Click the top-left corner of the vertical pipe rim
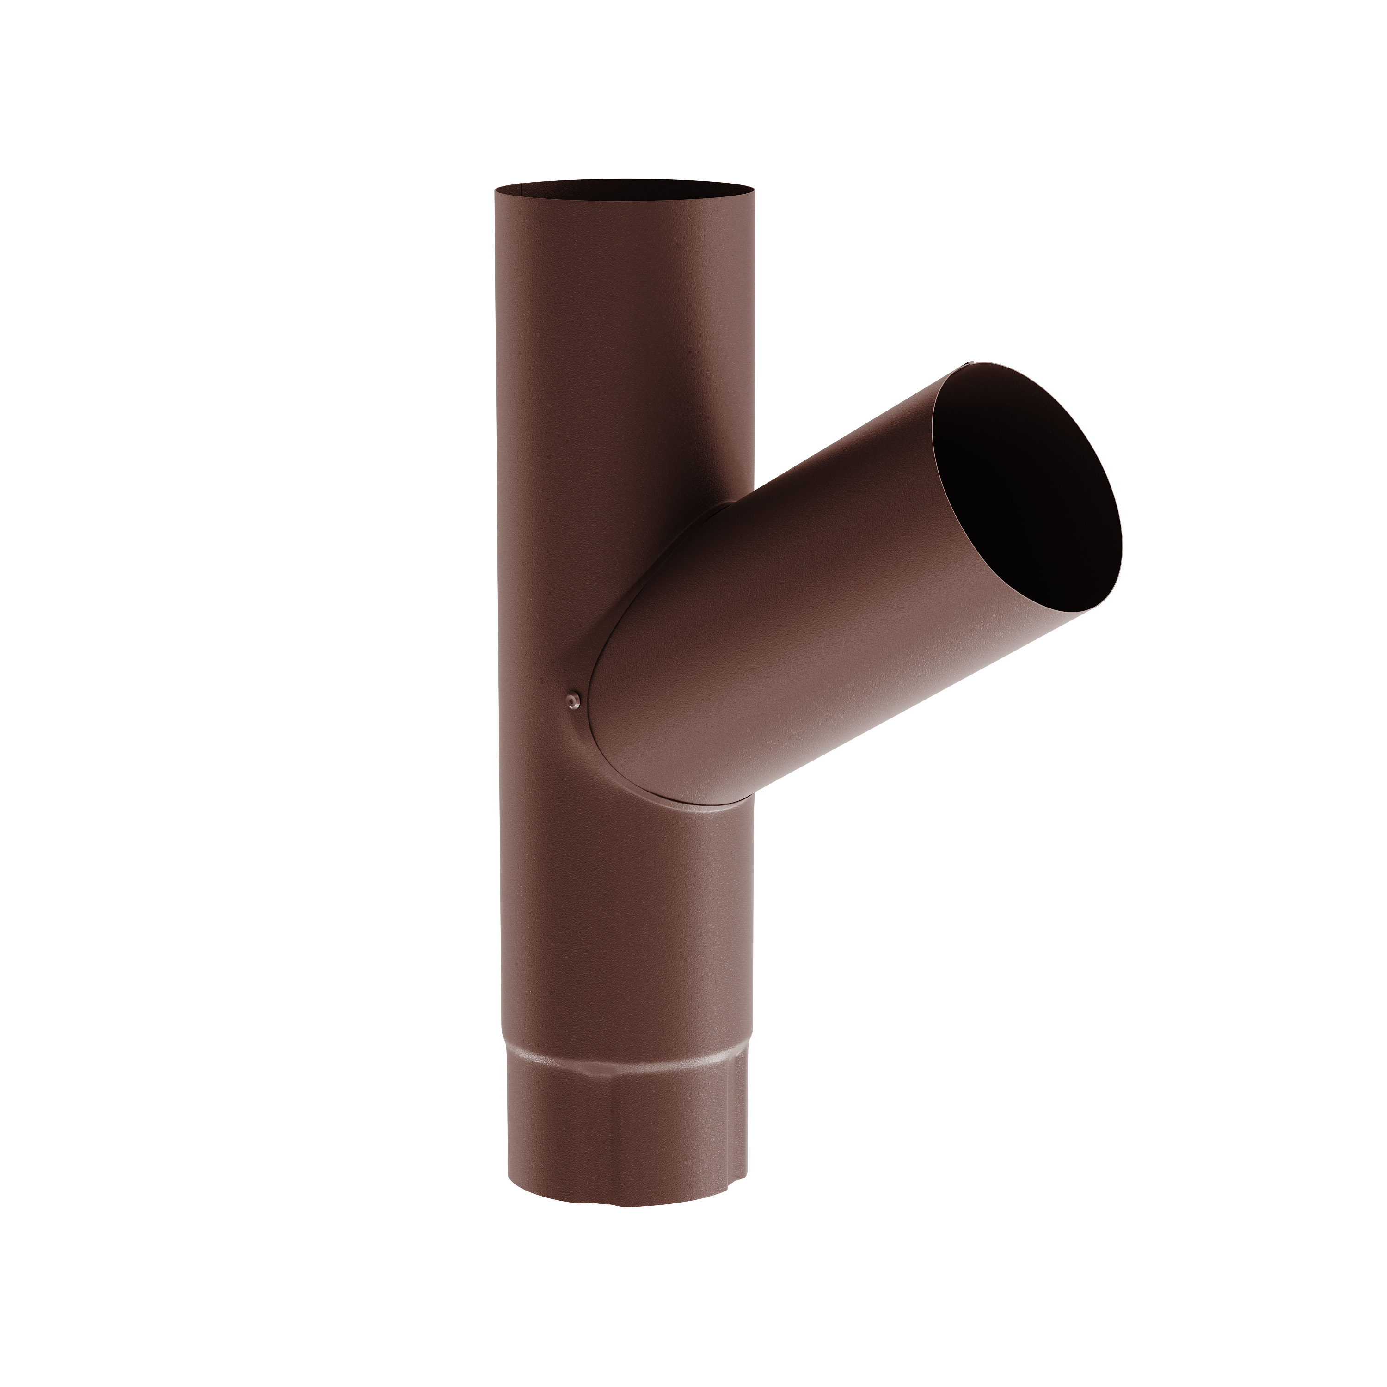[495, 190]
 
